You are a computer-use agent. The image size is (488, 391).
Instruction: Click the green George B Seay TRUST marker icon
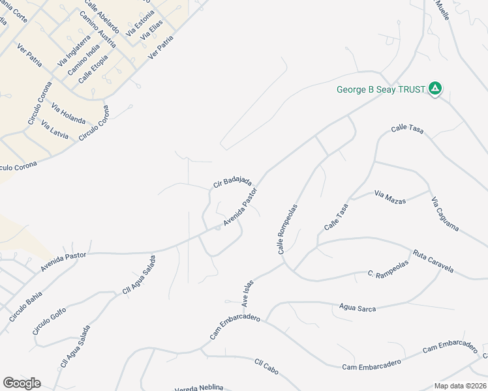pos(436,89)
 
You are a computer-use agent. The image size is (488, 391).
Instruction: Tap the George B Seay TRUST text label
pos(381,89)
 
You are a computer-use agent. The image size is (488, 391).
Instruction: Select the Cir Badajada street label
pos(232,181)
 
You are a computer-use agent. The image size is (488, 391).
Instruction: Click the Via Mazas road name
pos(390,196)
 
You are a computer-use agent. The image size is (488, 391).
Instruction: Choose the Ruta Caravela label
pos(433,261)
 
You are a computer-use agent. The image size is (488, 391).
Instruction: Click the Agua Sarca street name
pos(358,308)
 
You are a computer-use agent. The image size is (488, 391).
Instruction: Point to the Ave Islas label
pos(247,293)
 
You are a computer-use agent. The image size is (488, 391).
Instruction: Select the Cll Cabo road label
pos(267,368)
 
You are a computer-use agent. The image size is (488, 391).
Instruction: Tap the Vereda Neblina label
pos(199,388)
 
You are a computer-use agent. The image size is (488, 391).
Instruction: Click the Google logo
pos(22,383)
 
